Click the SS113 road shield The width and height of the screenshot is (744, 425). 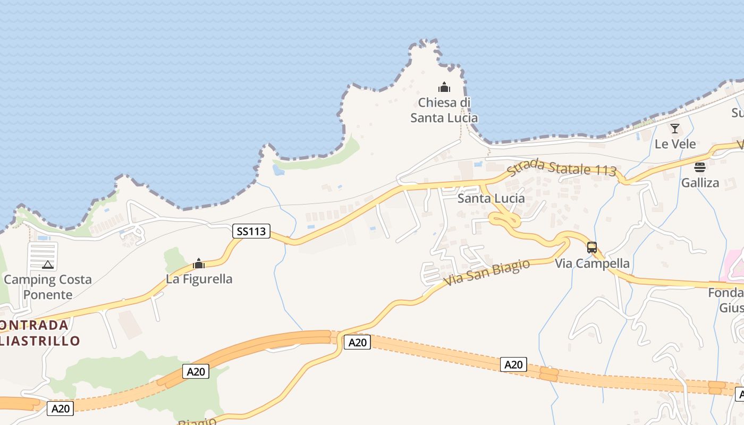(x=251, y=231)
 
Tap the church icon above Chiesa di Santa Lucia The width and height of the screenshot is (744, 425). (x=444, y=87)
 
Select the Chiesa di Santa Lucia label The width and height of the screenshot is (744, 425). (x=444, y=110)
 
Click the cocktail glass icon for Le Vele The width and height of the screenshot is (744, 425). (x=675, y=129)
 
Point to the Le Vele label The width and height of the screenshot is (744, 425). (x=675, y=144)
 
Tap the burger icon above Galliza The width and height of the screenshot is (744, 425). (x=700, y=167)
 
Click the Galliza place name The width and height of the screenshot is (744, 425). (x=700, y=183)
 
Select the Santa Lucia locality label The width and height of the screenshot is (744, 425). (x=491, y=198)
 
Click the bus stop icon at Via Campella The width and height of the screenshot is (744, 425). (x=592, y=248)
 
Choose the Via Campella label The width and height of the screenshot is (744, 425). (x=592, y=263)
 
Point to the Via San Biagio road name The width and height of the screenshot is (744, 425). (x=486, y=273)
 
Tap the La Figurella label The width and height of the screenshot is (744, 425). (x=199, y=278)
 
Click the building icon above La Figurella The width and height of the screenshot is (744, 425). (x=199, y=263)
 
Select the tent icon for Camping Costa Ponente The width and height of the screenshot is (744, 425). (x=47, y=265)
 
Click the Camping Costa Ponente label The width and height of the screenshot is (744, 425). (x=47, y=287)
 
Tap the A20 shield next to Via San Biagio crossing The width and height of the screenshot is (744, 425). (x=357, y=343)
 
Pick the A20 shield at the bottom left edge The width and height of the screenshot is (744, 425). (x=60, y=409)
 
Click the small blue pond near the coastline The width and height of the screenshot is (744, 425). (x=278, y=170)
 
